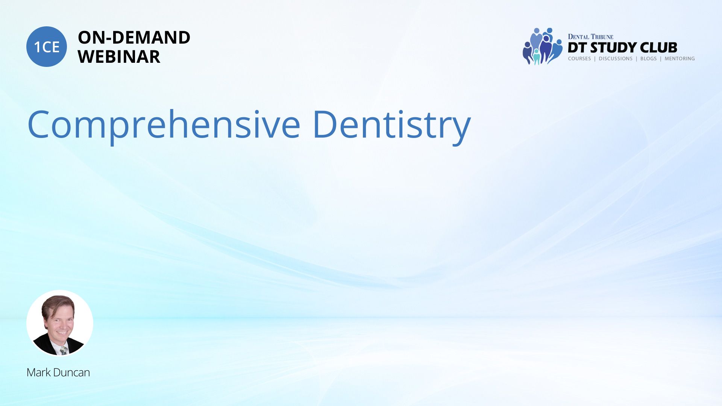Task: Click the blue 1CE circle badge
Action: (47, 47)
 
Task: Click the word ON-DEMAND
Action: (134, 38)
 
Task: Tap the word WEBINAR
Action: (119, 57)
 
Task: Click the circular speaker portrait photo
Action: (60, 323)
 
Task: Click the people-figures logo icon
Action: (542, 46)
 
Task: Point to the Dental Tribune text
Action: (590, 36)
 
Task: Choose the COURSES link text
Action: (579, 59)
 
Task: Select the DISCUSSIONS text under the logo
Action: (616, 59)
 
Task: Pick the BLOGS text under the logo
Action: (648, 59)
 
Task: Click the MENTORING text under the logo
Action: (680, 59)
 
